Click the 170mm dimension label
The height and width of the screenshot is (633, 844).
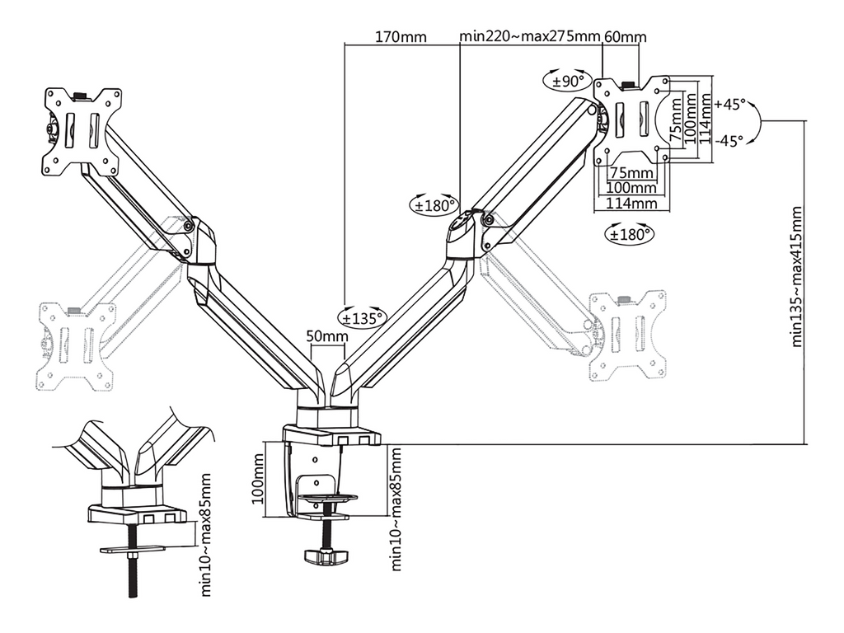tap(401, 37)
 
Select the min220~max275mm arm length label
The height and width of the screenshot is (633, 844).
tap(529, 37)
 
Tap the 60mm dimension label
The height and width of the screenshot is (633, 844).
tap(626, 37)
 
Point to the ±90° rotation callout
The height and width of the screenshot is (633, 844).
tap(568, 81)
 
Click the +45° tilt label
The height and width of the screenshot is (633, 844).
tap(730, 105)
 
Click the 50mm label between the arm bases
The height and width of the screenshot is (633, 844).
tap(326, 336)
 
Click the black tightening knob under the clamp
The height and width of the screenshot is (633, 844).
tap(326, 556)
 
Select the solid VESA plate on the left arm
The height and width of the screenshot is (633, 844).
tap(82, 129)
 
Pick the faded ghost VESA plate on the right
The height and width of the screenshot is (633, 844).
tap(629, 333)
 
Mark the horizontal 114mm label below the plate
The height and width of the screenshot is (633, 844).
tap(631, 203)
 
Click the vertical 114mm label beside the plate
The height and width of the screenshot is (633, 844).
tap(706, 116)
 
